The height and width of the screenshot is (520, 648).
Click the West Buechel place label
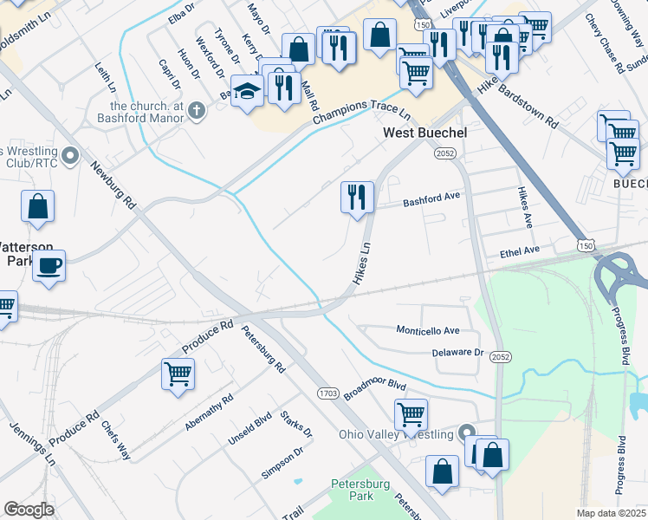(424, 133)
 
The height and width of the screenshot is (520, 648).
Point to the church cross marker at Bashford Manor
(197, 110)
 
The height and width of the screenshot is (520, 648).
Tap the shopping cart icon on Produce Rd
(178, 374)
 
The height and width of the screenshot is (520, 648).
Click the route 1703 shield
(327, 393)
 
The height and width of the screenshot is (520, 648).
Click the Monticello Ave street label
(427, 331)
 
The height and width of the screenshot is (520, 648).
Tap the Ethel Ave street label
(520, 250)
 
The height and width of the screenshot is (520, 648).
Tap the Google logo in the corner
(29, 510)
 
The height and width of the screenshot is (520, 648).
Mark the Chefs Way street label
(115, 440)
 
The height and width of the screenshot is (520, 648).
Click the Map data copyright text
(611, 513)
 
